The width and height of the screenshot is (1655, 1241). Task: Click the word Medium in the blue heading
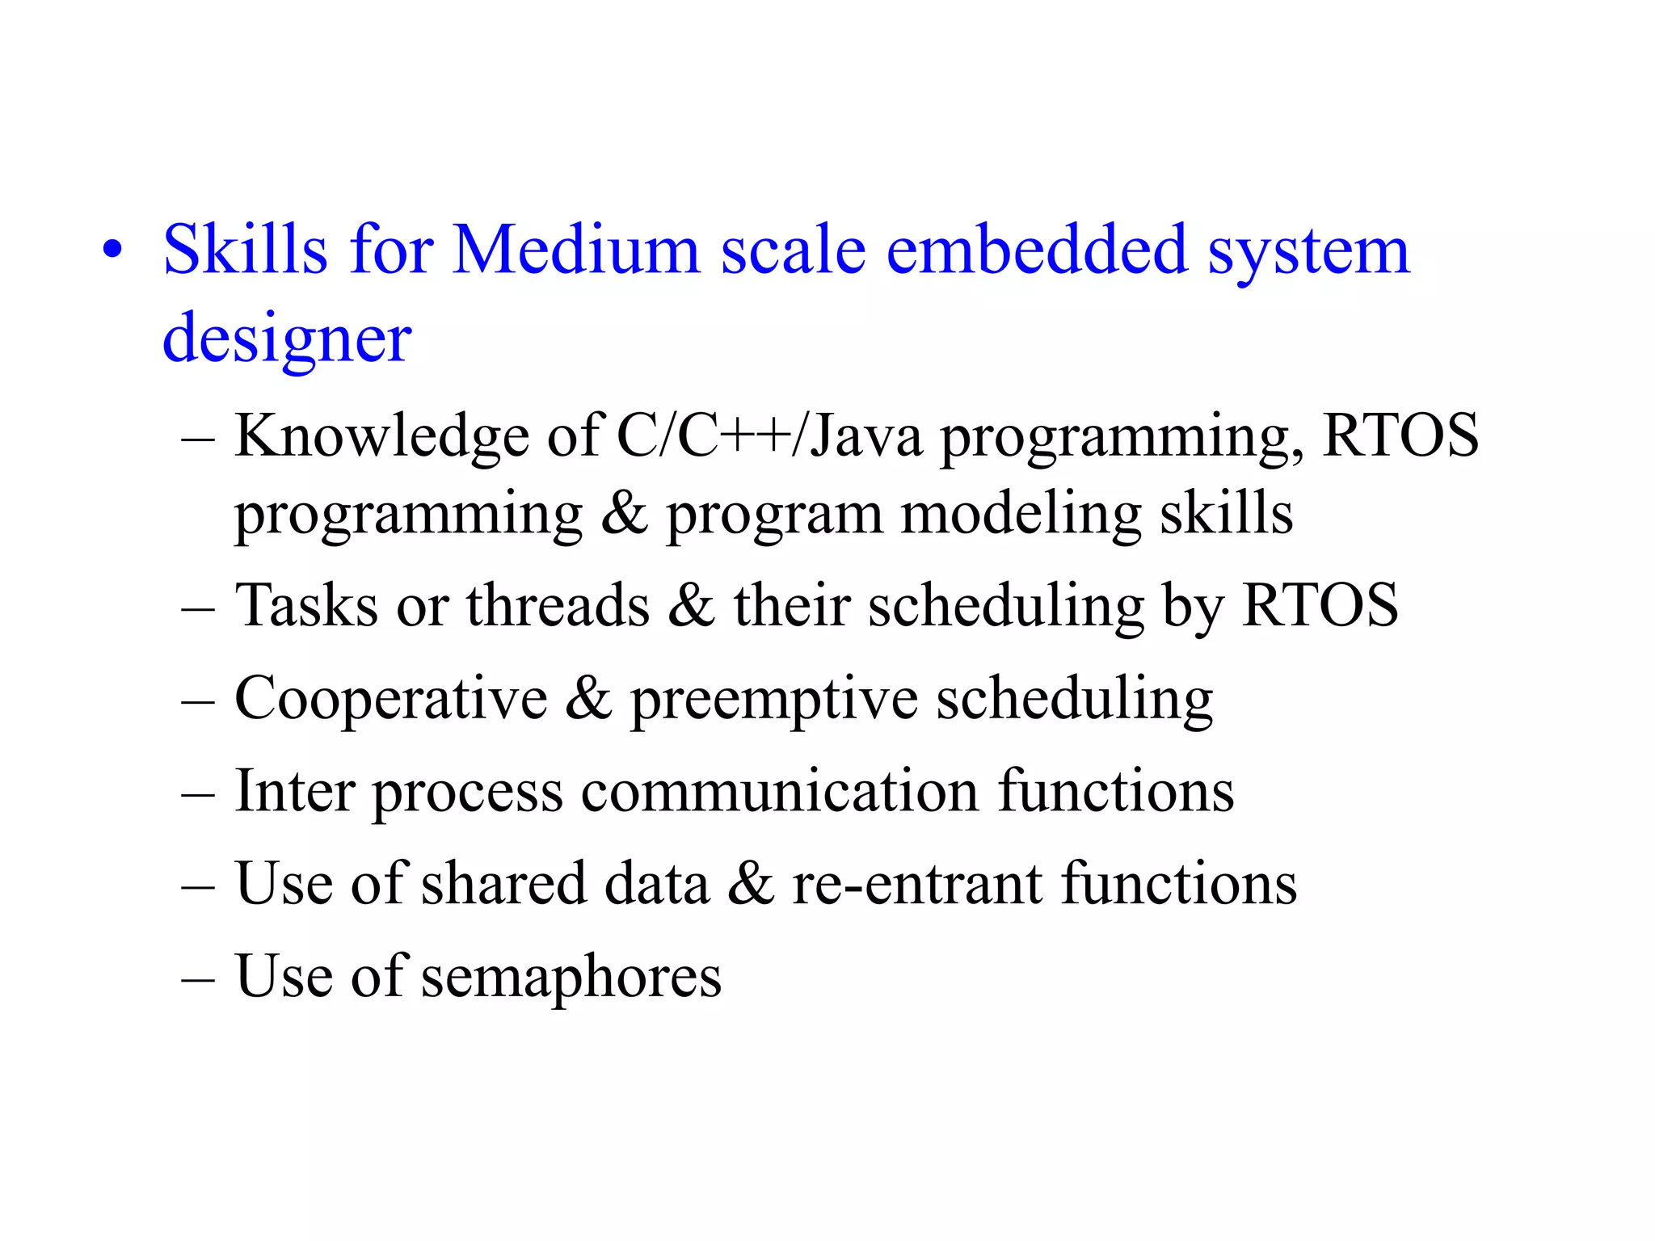(x=575, y=250)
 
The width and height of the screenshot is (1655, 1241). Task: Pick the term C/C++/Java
(x=769, y=437)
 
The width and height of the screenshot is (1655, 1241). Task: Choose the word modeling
(x=1021, y=515)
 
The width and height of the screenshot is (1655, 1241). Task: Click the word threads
(x=558, y=605)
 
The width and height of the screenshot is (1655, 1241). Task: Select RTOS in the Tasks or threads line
(x=1320, y=605)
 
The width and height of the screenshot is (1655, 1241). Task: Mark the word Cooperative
(x=390, y=699)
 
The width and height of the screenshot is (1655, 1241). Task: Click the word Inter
(x=294, y=791)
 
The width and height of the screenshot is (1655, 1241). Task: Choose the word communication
(x=780, y=791)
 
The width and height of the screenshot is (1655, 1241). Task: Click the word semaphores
(x=571, y=977)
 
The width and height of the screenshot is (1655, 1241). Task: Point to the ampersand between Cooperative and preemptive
(x=588, y=699)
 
